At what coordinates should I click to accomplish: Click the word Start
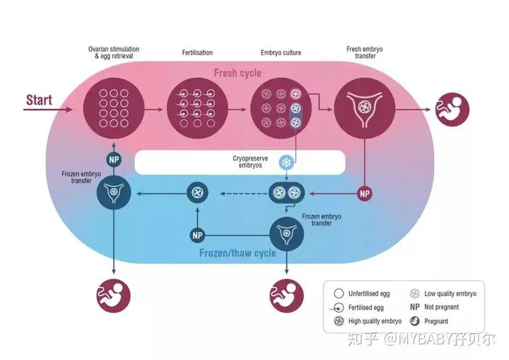tap(39, 100)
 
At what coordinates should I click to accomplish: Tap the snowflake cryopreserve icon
tap(286, 162)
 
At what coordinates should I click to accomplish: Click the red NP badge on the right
tap(365, 194)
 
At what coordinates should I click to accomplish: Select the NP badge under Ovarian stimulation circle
tap(114, 160)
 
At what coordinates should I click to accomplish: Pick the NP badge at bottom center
tap(197, 236)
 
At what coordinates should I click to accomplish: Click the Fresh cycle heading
tap(238, 73)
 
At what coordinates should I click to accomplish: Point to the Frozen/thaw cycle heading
tap(238, 252)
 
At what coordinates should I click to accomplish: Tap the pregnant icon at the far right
tap(452, 110)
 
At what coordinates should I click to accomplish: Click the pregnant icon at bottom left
tap(114, 296)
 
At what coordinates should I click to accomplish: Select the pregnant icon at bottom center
tap(286, 296)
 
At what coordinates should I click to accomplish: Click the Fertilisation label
tap(197, 52)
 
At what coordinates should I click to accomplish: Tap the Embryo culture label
tap(281, 52)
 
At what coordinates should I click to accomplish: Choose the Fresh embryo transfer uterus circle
tap(365, 108)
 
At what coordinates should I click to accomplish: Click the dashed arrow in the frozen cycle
tap(244, 194)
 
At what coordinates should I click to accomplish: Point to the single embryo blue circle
tap(197, 192)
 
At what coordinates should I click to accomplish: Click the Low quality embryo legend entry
tap(443, 294)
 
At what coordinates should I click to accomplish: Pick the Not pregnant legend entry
tap(434, 307)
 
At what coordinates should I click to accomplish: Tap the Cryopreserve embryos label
tap(250, 162)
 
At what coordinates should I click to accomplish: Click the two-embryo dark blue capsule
tap(286, 192)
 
